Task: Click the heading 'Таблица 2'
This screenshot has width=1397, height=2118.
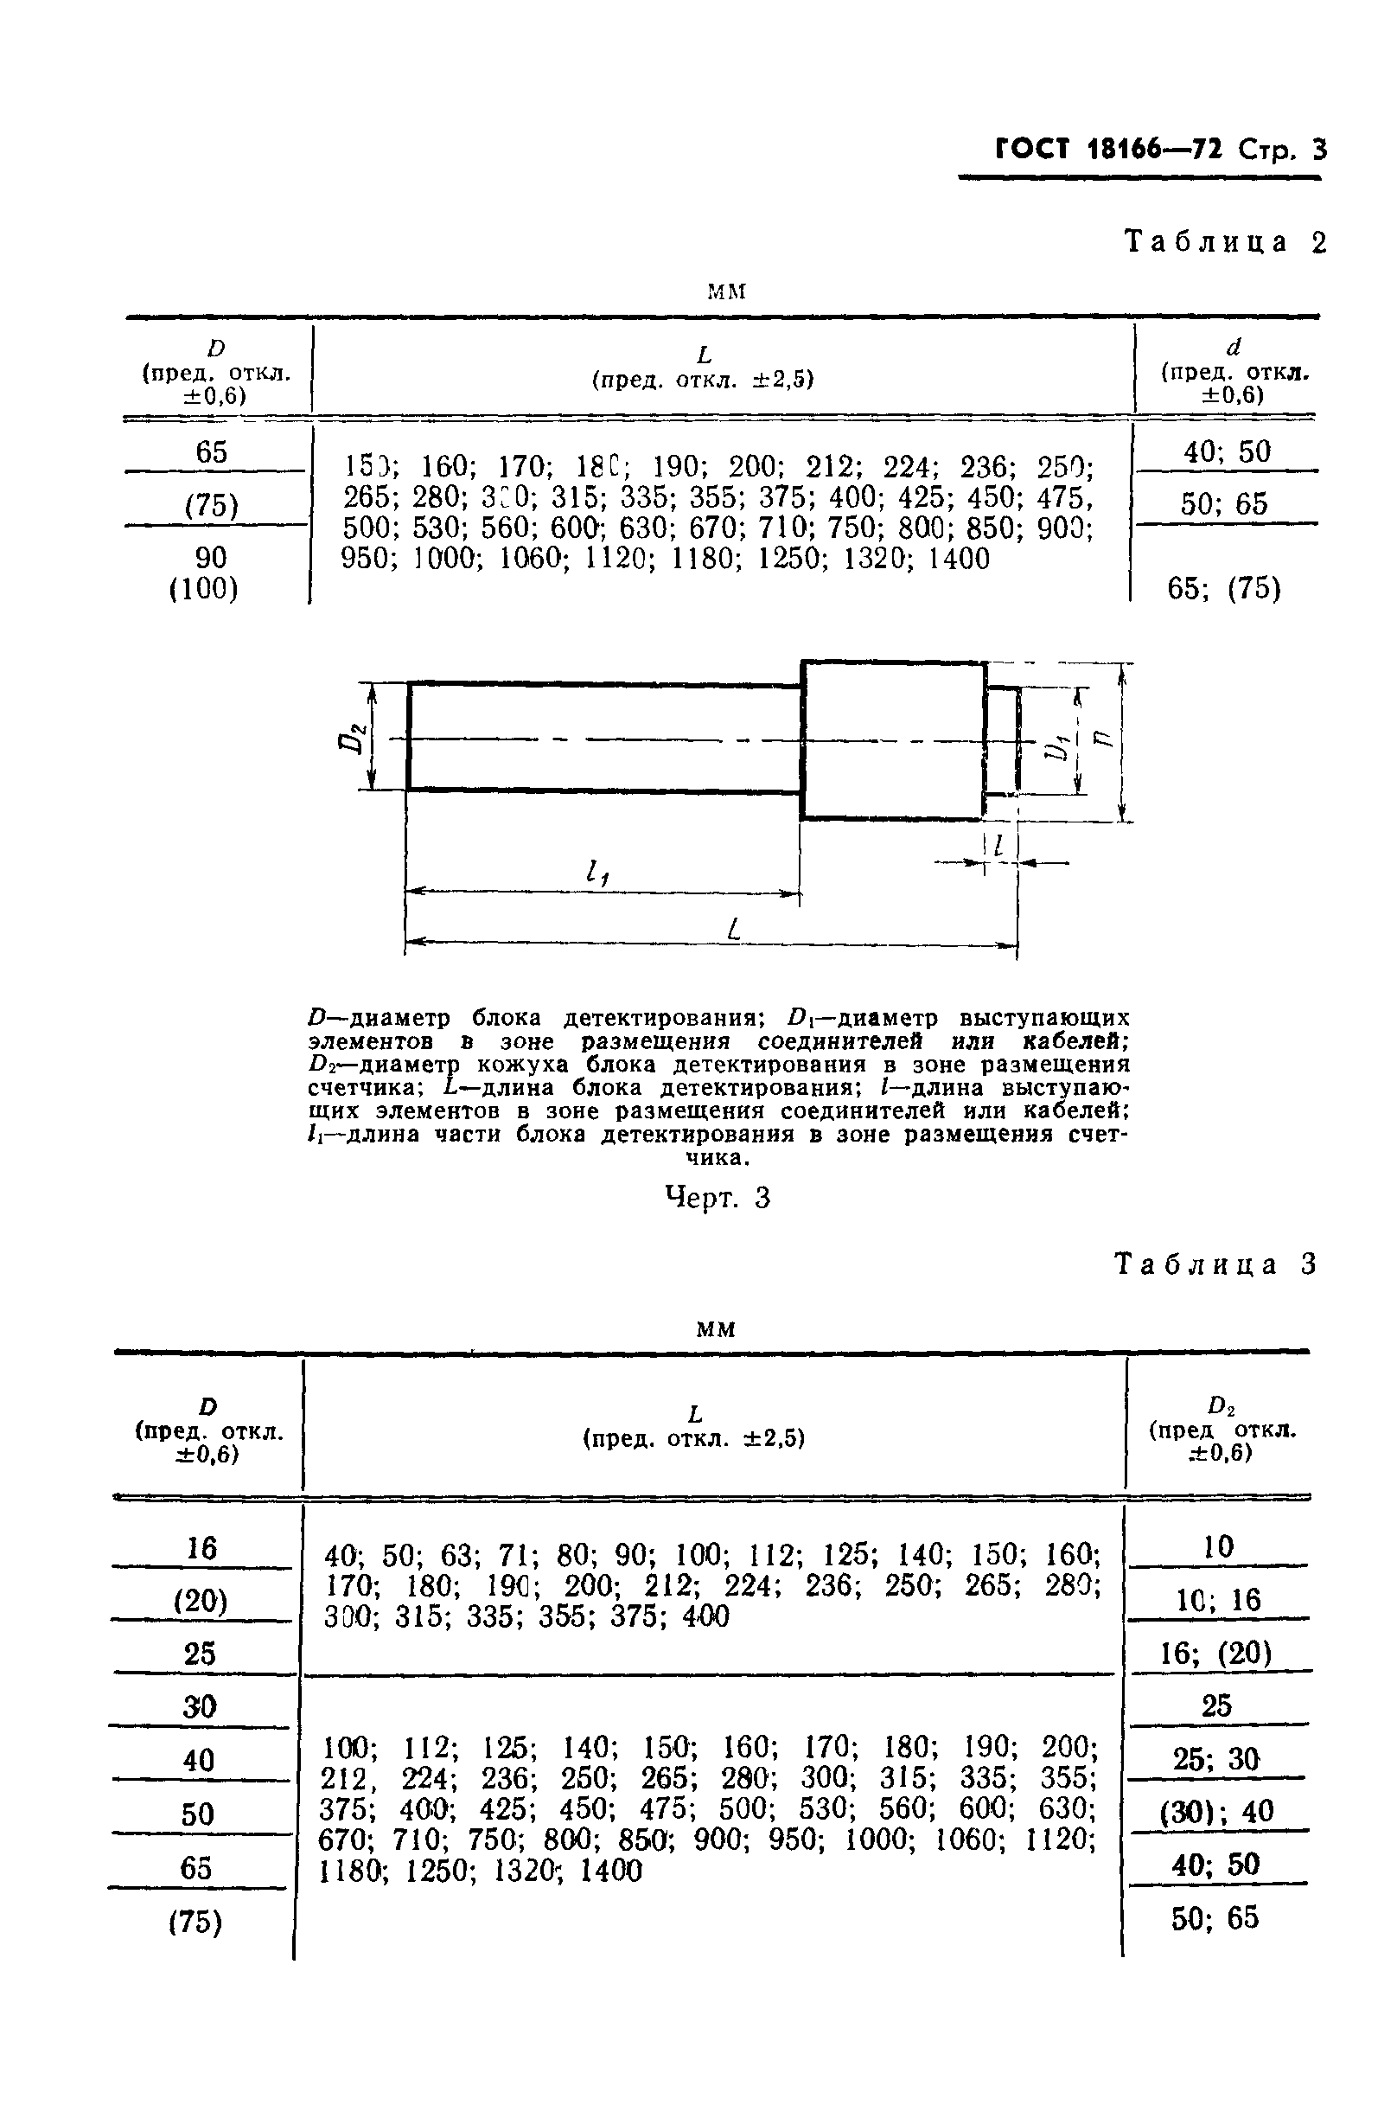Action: tap(1225, 242)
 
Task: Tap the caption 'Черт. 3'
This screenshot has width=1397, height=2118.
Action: tap(718, 1199)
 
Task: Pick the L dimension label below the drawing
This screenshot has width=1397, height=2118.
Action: tap(733, 931)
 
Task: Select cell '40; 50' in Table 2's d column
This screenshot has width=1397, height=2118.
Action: tap(1227, 452)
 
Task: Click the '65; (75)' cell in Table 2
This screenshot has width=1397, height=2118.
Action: tap(1223, 588)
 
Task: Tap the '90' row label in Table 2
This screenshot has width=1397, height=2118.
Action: tap(211, 558)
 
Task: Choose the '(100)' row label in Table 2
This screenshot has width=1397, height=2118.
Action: tap(204, 589)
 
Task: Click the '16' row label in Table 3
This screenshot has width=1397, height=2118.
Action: tap(201, 1549)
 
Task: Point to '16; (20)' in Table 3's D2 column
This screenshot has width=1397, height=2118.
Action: tap(1216, 1654)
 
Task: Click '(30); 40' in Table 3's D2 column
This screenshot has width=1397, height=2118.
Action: tap(1216, 1812)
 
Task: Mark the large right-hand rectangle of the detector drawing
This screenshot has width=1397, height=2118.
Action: tap(894, 739)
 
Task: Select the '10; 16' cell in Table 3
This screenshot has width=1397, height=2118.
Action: tap(1217, 1600)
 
